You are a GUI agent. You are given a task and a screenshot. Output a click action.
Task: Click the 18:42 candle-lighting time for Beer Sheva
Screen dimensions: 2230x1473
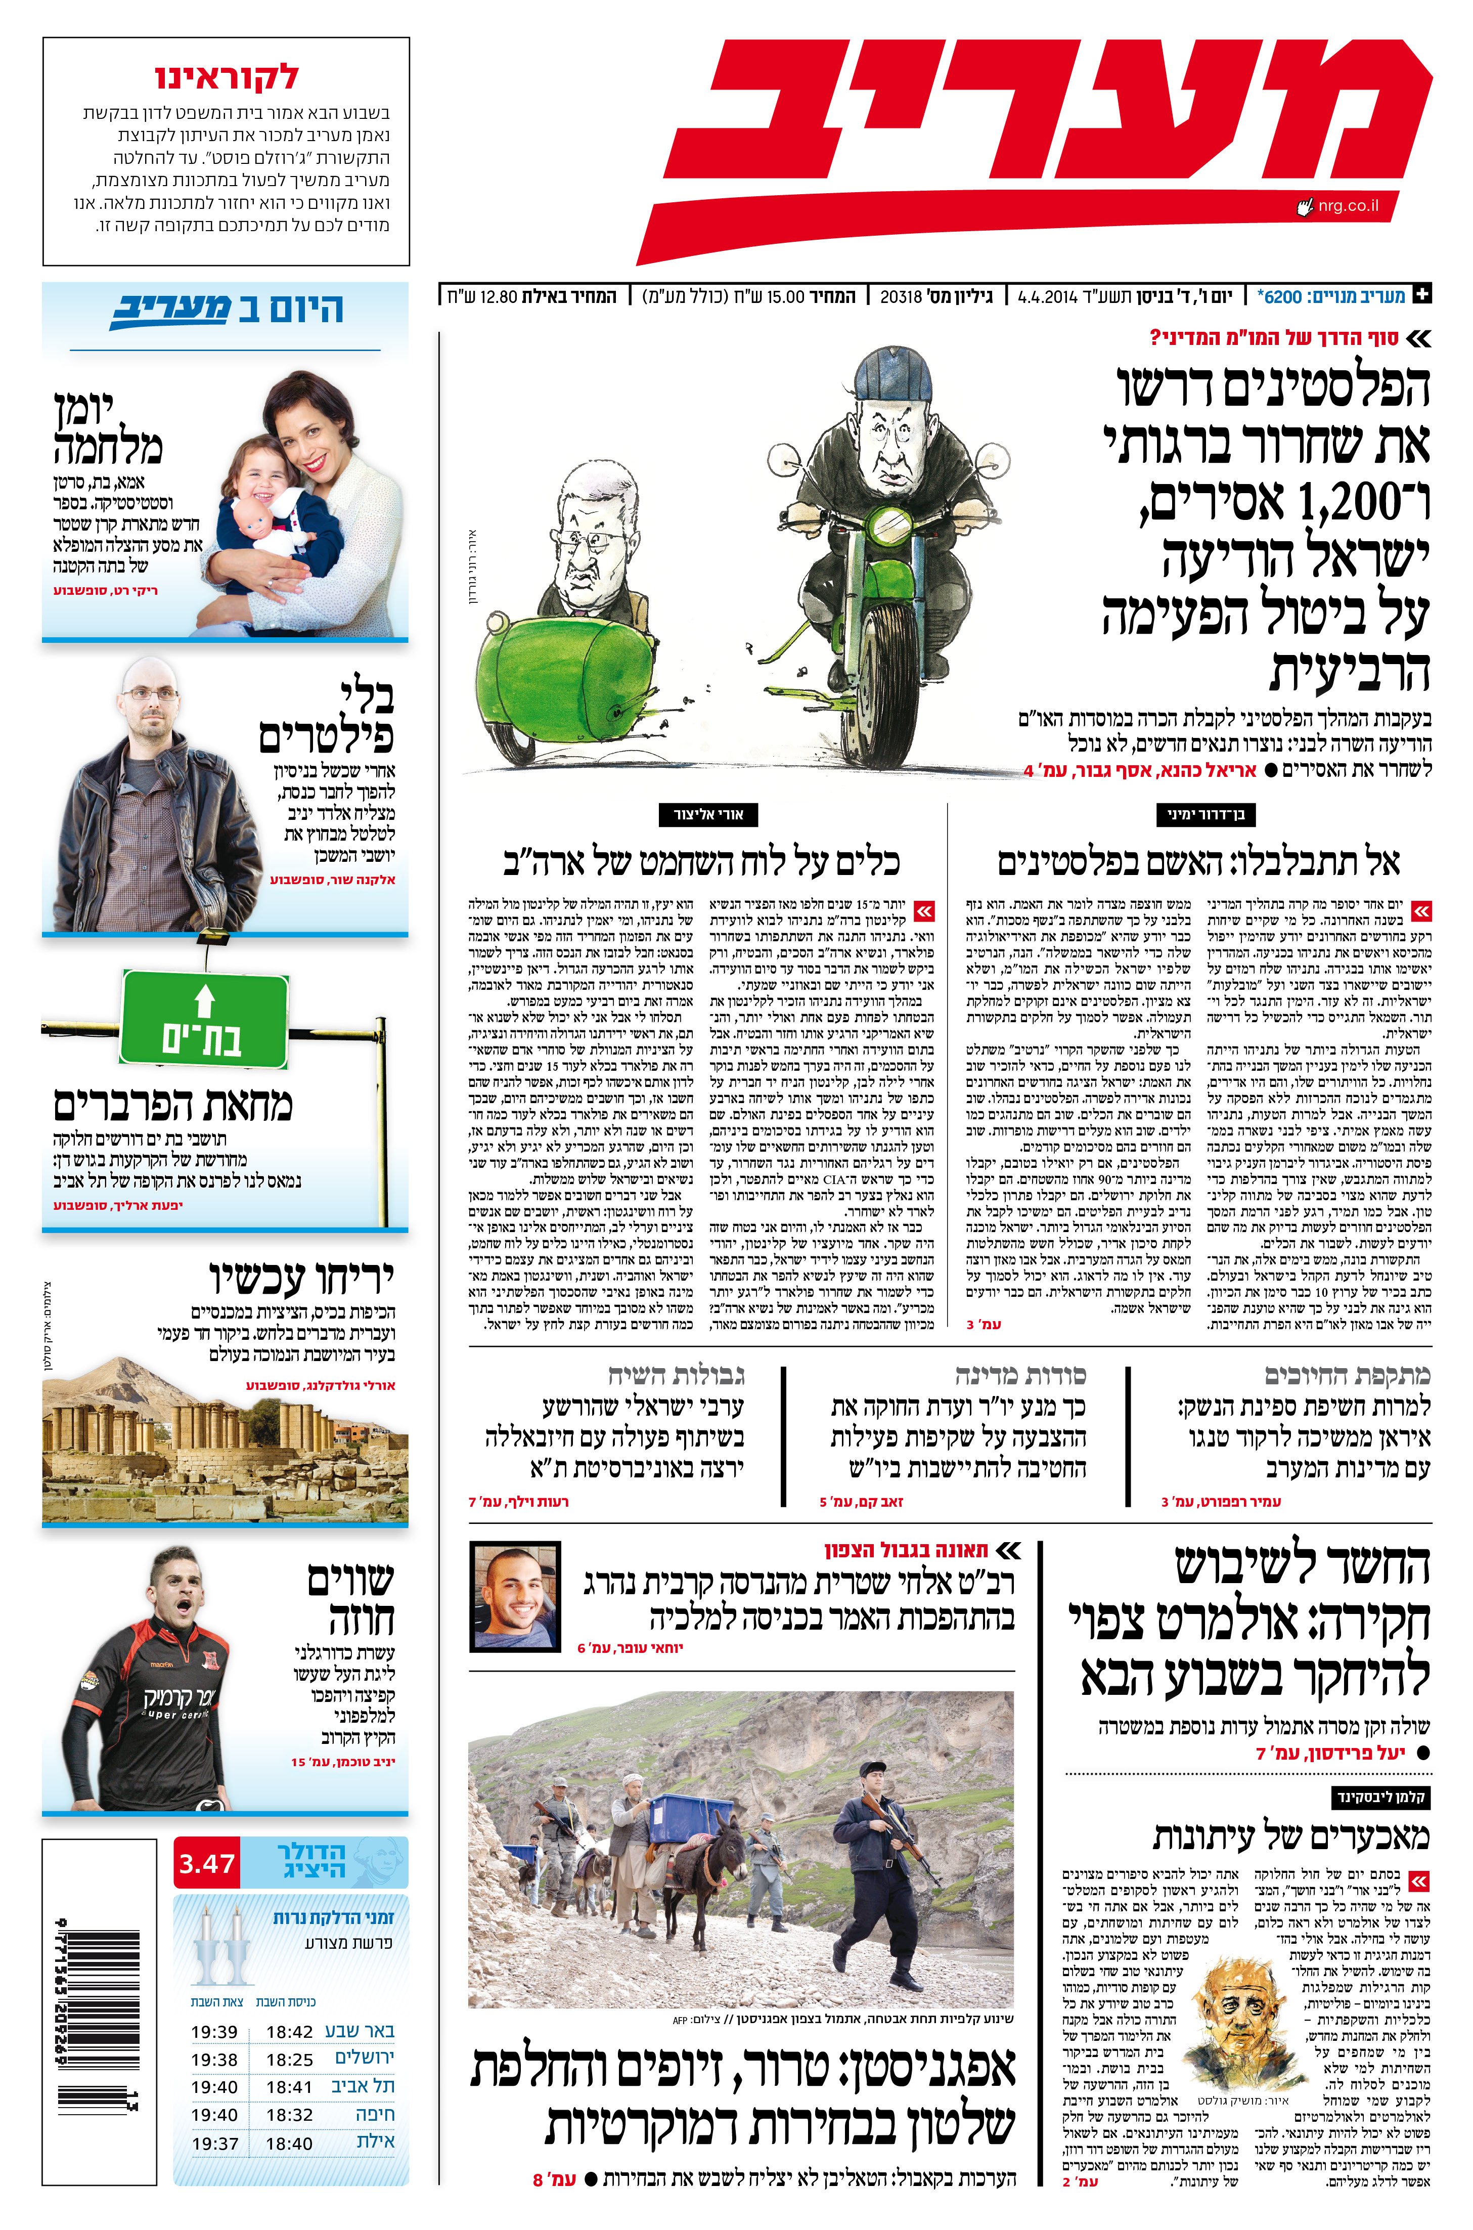(x=289, y=2031)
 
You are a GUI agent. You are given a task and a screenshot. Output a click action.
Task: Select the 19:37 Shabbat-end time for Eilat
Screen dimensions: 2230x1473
(x=214, y=2142)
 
